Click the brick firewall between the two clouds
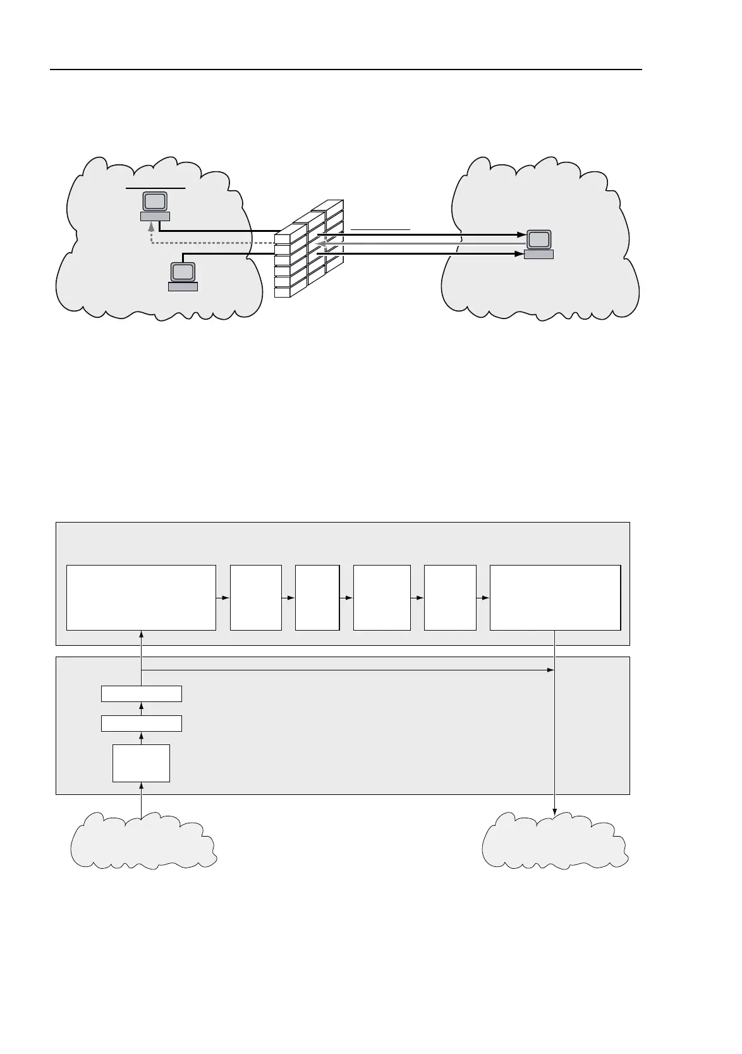[308, 250]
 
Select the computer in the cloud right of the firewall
[538, 245]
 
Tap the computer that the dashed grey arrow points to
[155, 206]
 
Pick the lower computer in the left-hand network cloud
[183, 276]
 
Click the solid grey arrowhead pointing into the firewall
[321, 244]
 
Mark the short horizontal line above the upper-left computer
[155, 188]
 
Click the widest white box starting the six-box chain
[141, 597]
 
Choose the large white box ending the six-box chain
[555, 597]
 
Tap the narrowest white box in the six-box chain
[317, 597]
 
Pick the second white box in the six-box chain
[255, 597]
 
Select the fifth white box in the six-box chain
[450, 597]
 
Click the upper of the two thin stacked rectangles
[142, 693]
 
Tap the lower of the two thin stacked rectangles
[142, 723]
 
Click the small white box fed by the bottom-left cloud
[141, 763]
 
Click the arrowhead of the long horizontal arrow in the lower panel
[550, 670]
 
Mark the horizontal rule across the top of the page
[346, 70]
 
